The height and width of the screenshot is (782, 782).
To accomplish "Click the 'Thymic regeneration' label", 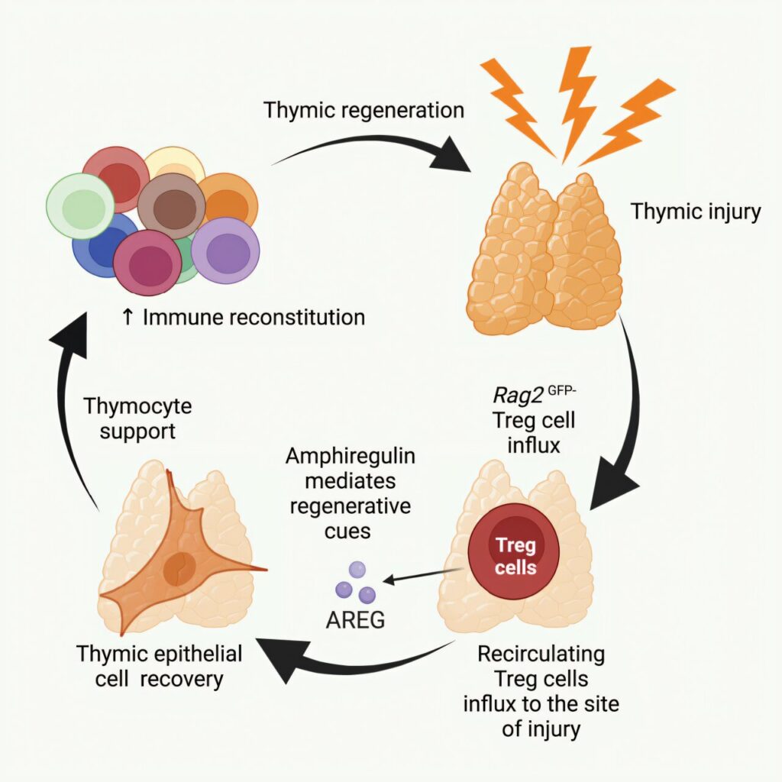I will click(364, 110).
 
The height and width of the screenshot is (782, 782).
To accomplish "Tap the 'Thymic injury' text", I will click(695, 211).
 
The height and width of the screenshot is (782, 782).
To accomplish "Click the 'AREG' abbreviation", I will click(355, 620).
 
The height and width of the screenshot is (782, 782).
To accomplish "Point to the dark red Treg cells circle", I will click(515, 556).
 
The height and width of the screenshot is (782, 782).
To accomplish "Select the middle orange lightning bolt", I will click(578, 99).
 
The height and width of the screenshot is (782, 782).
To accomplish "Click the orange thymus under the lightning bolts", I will click(544, 252).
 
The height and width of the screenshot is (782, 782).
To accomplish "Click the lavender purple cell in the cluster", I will click(226, 250).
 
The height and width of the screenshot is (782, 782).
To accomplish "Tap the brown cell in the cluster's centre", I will click(171, 206).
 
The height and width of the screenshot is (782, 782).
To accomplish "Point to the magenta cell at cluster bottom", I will click(148, 263).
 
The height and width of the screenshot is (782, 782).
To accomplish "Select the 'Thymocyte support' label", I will click(137, 418).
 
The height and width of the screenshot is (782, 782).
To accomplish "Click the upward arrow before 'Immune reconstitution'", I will click(128, 317).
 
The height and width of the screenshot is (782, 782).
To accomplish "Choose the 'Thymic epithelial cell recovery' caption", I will click(160, 666).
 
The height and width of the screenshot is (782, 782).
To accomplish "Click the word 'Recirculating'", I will click(541, 654).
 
